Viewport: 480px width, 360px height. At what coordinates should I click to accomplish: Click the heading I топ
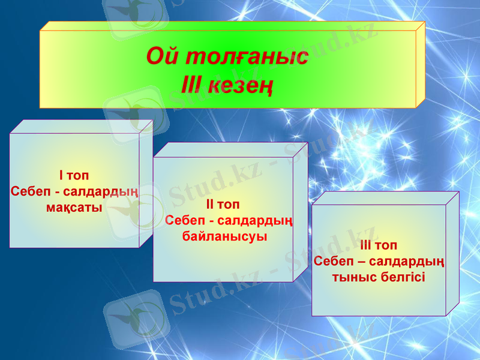(74, 176)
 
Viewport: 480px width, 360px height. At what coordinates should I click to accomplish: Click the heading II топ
(223, 205)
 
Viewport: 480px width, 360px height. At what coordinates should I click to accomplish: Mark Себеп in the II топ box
(185, 221)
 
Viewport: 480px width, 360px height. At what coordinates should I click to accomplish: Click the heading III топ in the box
(379, 245)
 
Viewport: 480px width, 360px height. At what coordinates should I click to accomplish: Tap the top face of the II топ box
(230, 150)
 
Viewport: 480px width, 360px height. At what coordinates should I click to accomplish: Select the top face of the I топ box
(81, 126)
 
